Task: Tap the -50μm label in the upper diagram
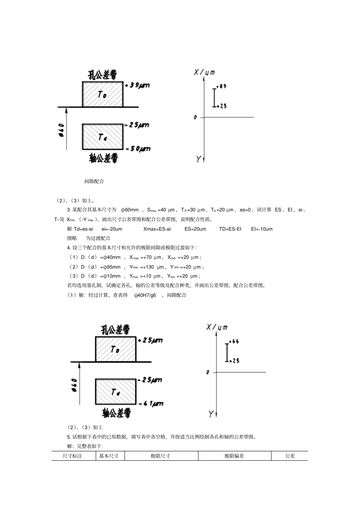(139, 149)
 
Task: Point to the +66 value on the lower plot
(234, 341)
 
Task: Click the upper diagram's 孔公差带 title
(103, 74)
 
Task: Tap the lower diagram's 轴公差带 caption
(116, 413)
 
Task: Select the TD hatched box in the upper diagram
(103, 94)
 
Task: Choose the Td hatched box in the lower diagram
(116, 392)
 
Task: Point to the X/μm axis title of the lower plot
(217, 327)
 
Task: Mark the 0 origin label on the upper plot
(196, 118)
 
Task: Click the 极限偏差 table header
(234, 456)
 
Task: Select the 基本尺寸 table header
(109, 456)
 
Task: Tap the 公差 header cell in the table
(290, 456)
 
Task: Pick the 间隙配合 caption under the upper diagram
(94, 181)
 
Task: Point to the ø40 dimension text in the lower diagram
(74, 385)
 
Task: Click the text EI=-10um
(262, 229)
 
